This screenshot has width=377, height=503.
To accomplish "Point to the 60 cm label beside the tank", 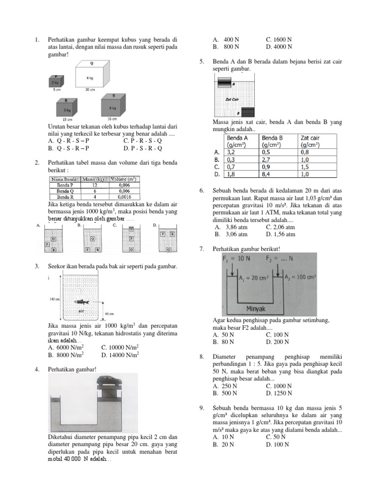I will tap(110, 313).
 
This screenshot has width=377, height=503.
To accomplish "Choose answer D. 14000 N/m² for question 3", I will tap(120, 354).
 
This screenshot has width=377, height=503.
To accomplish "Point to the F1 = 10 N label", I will tap(238, 258).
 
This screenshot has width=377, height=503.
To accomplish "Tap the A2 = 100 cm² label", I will tap(302, 277).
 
